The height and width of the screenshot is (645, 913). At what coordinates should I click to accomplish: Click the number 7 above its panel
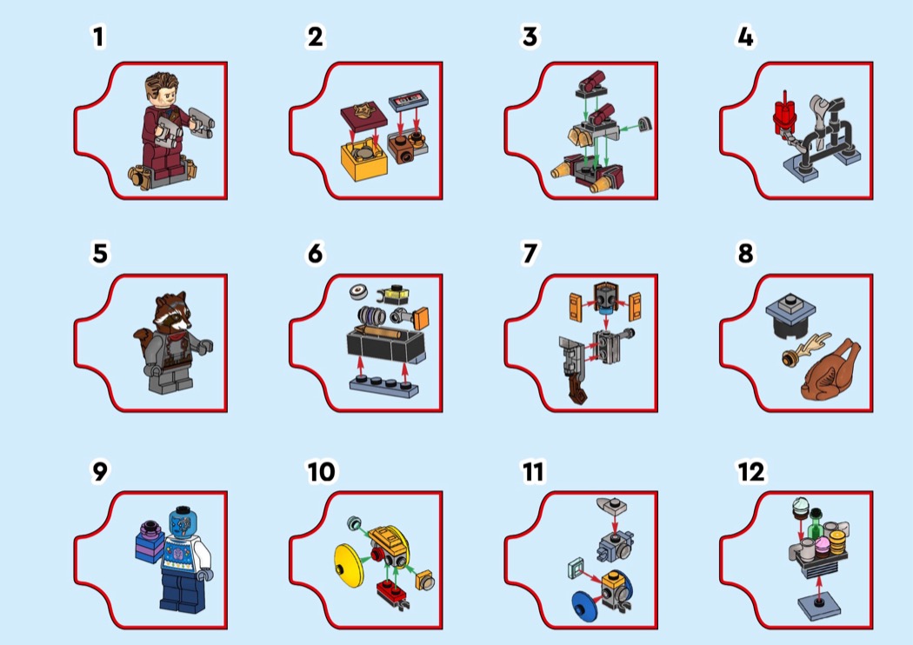point(530,253)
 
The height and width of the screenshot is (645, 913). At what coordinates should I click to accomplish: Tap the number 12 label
point(751,471)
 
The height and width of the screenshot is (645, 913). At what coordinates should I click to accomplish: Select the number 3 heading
point(530,37)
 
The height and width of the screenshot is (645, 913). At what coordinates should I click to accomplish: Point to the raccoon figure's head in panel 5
point(173,311)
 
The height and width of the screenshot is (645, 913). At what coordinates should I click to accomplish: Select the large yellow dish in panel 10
point(350,565)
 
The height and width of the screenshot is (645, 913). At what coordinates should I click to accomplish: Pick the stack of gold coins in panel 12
point(837,539)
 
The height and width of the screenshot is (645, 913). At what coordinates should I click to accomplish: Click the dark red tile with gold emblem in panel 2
point(363,116)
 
